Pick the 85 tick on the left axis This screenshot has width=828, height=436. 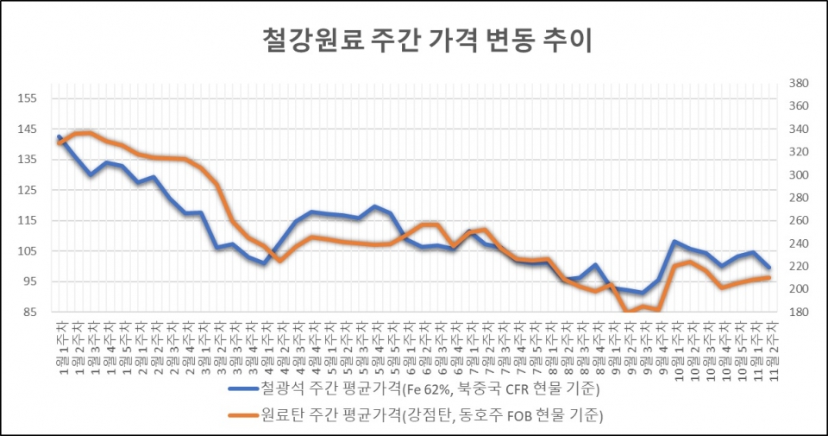pos(30,312)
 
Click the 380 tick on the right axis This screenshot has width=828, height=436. pos(798,84)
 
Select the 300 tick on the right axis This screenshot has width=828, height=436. pos(798,175)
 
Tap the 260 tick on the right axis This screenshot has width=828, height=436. pos(798,221)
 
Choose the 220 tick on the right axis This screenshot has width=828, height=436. pos(798,267)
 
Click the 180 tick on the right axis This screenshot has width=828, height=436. pos(798,312)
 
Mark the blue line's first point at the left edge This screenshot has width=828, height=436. pos(59,136)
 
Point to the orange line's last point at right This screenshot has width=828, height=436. pos(768,277)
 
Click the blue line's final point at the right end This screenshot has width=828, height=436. pos(768,268)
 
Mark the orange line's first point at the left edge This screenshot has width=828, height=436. pos(59,142)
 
